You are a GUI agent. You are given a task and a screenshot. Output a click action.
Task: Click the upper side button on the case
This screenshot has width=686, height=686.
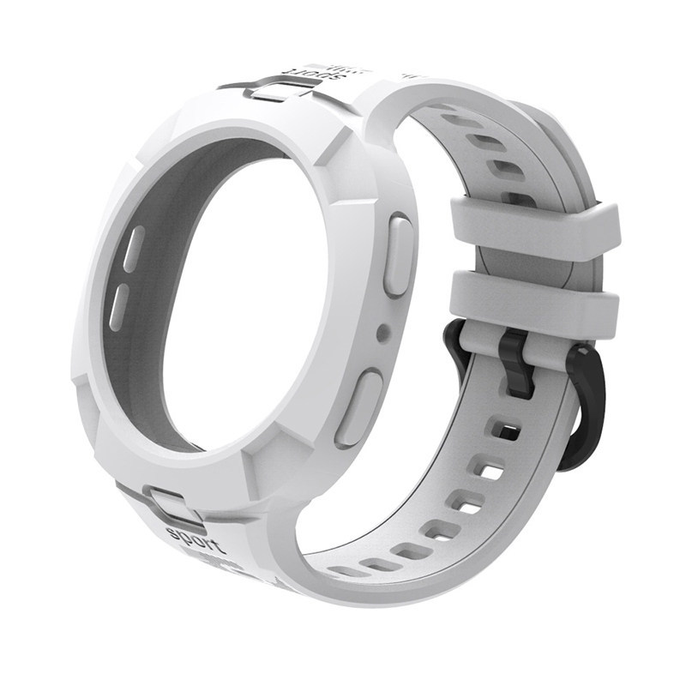398,256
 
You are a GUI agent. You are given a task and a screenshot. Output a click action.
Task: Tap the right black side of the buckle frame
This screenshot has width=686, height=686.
592,403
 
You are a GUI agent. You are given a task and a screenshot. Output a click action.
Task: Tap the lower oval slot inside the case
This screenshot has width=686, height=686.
120,304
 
